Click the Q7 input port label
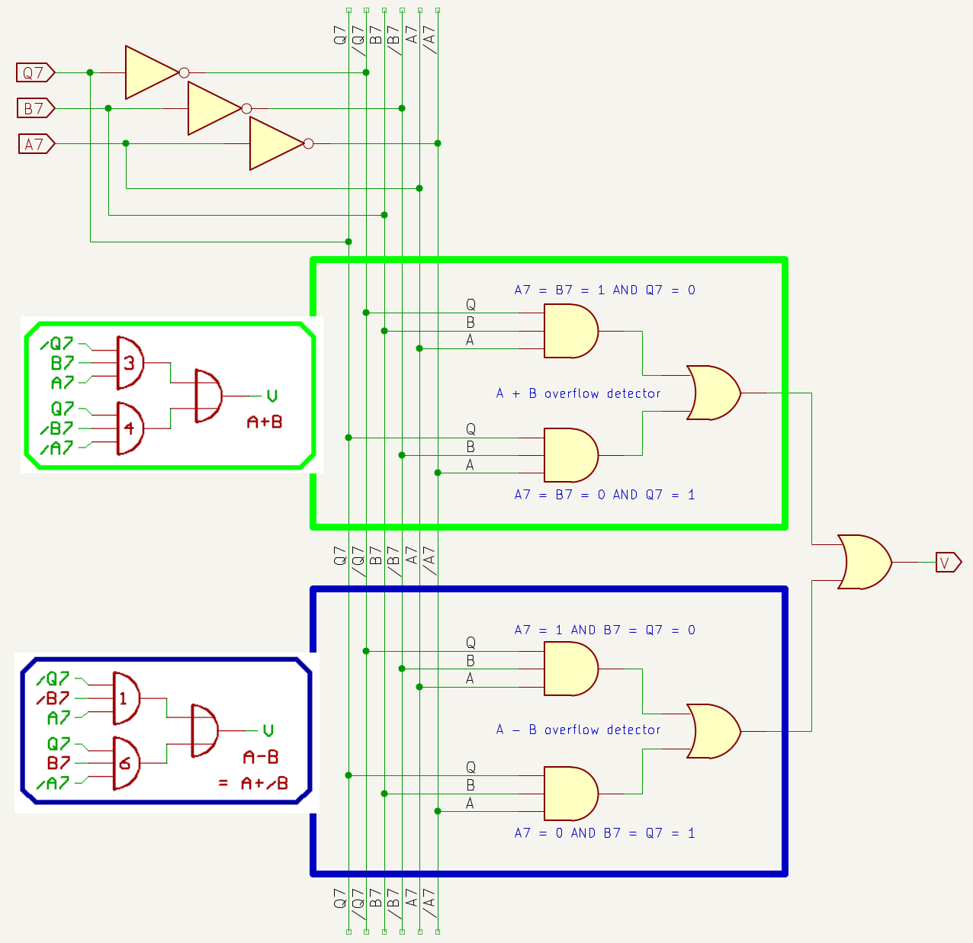click(x=35, y=72)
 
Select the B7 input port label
click(x=35, y=108)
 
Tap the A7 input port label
click(x=36, y=143)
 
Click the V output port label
click(x=948, y=563)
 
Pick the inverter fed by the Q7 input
click(x=153, y=72)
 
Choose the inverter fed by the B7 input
click(x=214, y=108)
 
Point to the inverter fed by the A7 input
click(x=277, y=143)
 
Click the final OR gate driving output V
click(x=864, y=562)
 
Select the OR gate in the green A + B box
click(x=713, y=393)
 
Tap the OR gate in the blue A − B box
click(x=713, y=731)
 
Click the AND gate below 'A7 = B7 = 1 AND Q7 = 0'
click(x=570, y=331)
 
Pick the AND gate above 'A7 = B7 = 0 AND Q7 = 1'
click(x=570, y=455)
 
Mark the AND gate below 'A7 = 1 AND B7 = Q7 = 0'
click(x=570, y=669)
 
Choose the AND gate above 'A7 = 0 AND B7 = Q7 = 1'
click(x=570, y=793)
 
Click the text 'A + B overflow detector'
click(x=578, y=393)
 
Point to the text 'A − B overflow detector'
click(x=578, y=730)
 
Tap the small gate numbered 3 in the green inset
click(x=130, y=363)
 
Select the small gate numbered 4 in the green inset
click(x=130, y=428)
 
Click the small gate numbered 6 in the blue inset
click(x=126, y=763)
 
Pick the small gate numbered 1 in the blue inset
click(x=126, y=698)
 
